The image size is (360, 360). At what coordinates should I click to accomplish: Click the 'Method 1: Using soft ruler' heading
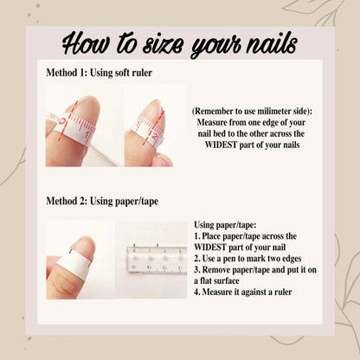pyautogui.click(x=100, y=73)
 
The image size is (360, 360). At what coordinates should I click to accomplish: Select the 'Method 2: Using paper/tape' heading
pyautogui.click(x=102, y=201)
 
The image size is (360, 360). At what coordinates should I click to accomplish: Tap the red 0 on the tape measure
pyautogui.click(x=61, y=121)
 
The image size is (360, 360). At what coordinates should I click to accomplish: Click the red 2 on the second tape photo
pyautogui.click(x=155, y=136)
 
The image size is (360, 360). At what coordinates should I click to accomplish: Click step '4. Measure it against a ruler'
pyautogui.click(x=243, y=292)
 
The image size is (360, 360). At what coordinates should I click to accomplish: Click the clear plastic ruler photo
pyautogui.click(x=151, y=260)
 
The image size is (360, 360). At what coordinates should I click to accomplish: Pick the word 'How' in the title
pyautogui.click(x=86, y=45)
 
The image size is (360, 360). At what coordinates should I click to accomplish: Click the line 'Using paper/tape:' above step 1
pyautogui.click(x=225, y=225)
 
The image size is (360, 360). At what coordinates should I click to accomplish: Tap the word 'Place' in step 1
pyautogui.click(x=212, y=236)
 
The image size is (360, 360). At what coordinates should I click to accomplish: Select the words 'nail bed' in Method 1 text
pyautogui.click(x=212, y=133)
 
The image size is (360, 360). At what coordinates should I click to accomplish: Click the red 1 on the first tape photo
pyautogui.click(x=87, y=134)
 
